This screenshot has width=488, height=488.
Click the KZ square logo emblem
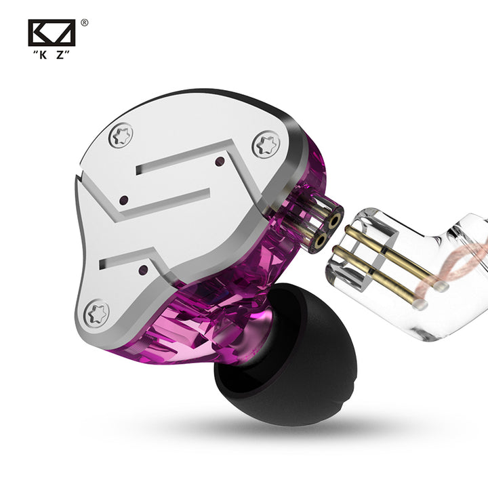pyautogui.click(x=52, y=33)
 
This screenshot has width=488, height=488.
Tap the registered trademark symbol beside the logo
pyautogui.click(x=84, y=23)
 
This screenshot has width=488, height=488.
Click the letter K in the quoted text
pyautogui.click(x=43, y=55)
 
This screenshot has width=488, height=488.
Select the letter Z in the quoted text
pyautogui.click(x=60, y=55)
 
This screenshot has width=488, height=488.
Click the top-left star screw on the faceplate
pyautogui.click(x=121, y=136)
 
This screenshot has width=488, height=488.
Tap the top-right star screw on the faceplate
pyautogui.click(x=266, y=145)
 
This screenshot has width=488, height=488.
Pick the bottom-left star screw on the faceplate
pyautogui.click(x=97, y=314)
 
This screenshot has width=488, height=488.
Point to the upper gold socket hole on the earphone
pyautogui.click(x=335, y=222)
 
